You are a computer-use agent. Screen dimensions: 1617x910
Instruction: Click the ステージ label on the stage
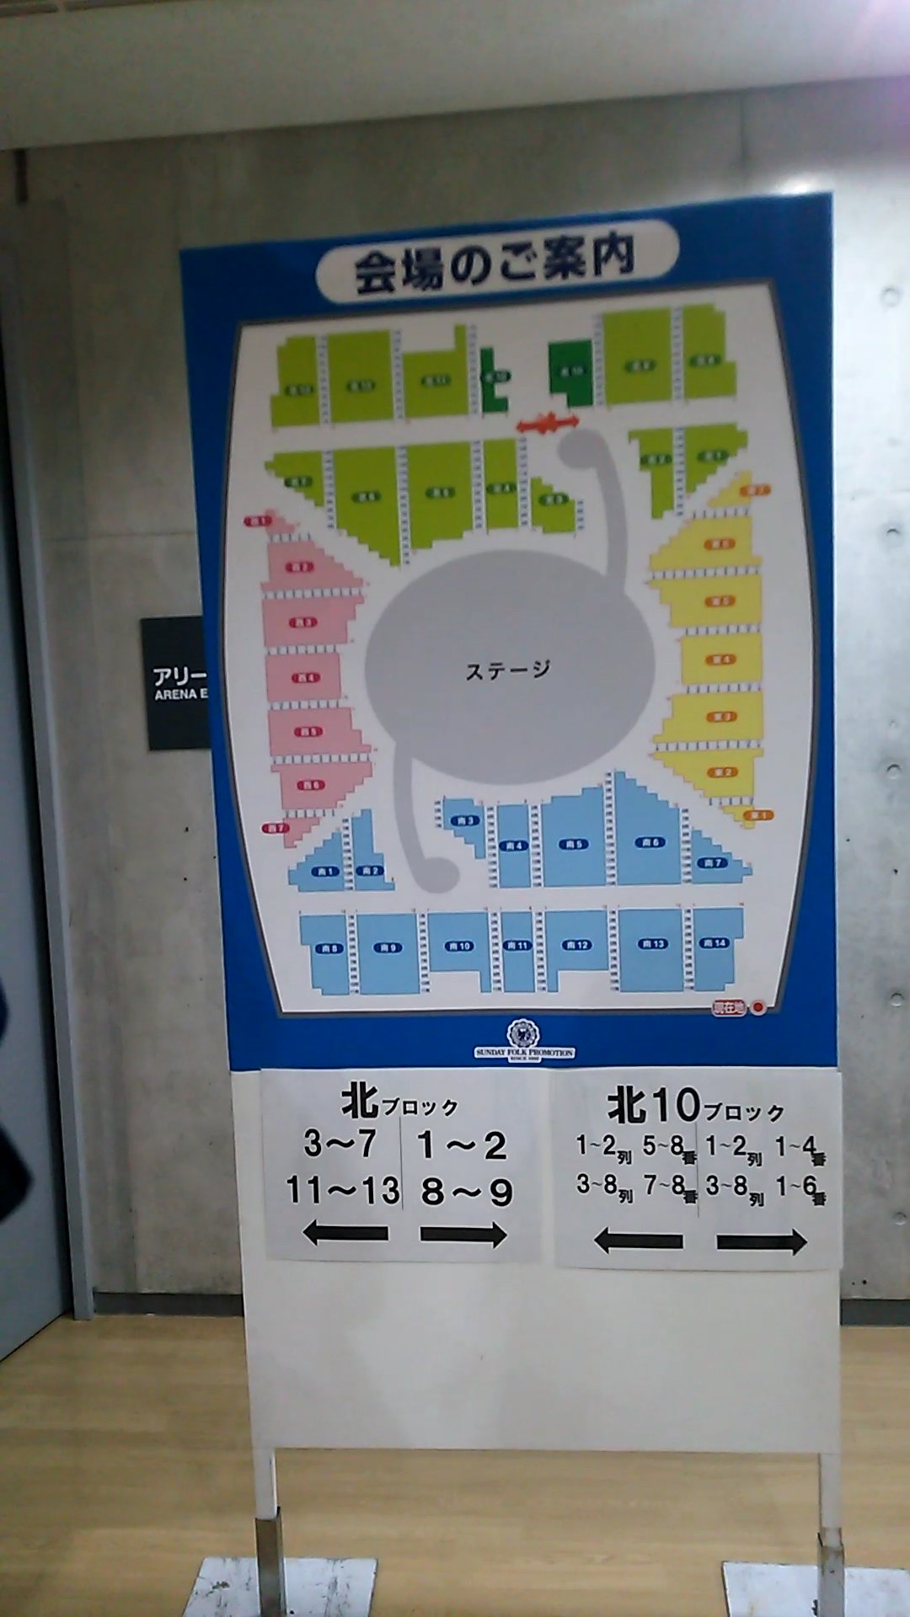507,670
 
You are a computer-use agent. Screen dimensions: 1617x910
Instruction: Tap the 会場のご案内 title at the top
495,264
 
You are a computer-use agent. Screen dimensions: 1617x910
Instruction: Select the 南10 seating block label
460,946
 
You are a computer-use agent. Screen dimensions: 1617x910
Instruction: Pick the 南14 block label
714,942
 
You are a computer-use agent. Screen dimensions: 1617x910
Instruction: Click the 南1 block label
326,871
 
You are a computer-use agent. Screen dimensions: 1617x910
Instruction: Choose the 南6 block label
650,842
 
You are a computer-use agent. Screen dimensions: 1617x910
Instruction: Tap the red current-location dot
758,1006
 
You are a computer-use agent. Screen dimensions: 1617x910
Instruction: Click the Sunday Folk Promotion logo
523,1040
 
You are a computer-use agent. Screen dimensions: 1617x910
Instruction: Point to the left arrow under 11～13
345,1234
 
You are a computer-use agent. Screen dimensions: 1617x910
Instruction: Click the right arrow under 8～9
463,1235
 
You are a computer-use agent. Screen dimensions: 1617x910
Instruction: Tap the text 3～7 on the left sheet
340,1144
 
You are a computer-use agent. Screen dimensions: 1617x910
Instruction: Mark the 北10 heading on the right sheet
654,1106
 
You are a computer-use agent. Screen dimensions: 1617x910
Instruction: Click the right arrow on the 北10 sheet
761,1241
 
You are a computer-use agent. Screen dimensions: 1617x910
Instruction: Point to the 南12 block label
577,944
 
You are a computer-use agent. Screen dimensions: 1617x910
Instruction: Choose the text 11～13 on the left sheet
342,1191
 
